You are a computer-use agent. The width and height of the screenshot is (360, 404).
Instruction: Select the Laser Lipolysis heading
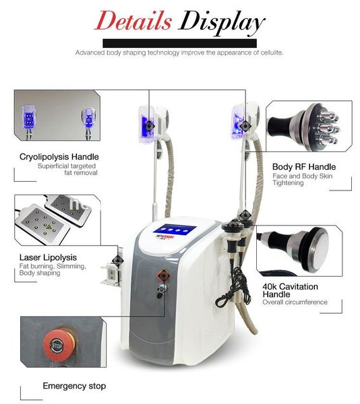click(x=48, y=257)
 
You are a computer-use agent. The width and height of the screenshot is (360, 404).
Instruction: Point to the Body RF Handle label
click(x=303, y=166)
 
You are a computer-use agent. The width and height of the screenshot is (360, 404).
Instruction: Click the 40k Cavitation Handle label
click(x=290, y=291)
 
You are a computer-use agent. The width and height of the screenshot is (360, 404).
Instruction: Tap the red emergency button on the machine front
click(x=162, y=275)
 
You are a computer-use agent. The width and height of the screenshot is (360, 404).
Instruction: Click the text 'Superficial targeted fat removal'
click(x=67, y=169)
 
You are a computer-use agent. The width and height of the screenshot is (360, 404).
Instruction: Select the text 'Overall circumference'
click(x=295, y=302)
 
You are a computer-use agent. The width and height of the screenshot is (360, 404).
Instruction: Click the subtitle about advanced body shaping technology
click(x=179, y=52)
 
